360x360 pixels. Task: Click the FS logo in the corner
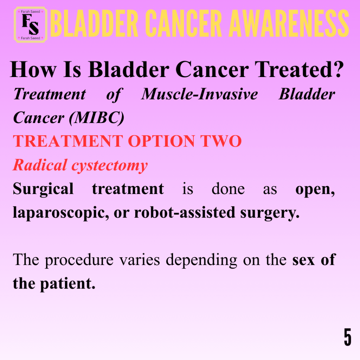point(31,25)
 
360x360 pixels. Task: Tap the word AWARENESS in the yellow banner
point(289,24)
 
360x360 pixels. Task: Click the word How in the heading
point(33,70)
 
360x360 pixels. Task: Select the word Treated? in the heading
point(300,69)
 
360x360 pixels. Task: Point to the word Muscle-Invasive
point(200,94)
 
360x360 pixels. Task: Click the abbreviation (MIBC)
point(97,118)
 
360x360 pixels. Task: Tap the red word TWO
point(221,141)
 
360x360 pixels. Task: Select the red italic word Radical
point(40,165)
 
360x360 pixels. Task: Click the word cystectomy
point(110,166)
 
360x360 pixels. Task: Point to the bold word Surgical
point(43,189)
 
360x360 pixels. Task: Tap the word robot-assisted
point(185,212)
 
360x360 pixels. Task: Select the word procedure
point(79,261)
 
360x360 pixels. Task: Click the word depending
point(201,261)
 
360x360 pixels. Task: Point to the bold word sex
point(303,261)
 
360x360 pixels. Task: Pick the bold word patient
point(68,284)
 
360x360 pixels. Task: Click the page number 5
point(348,337)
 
